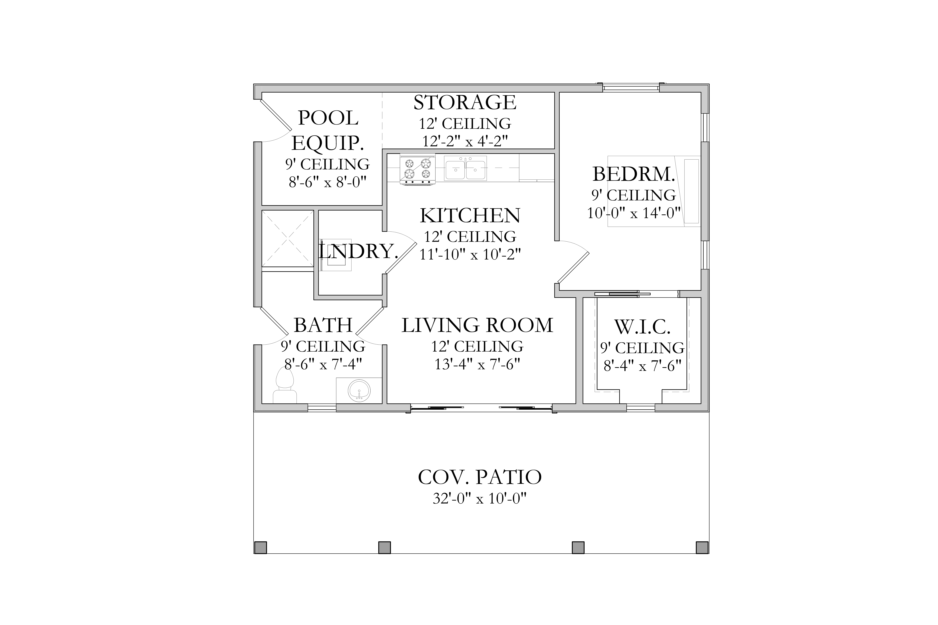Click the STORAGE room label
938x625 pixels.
coord(465,102)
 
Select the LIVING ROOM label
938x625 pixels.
coord(477,325)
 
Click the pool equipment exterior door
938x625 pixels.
coord(275,116)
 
